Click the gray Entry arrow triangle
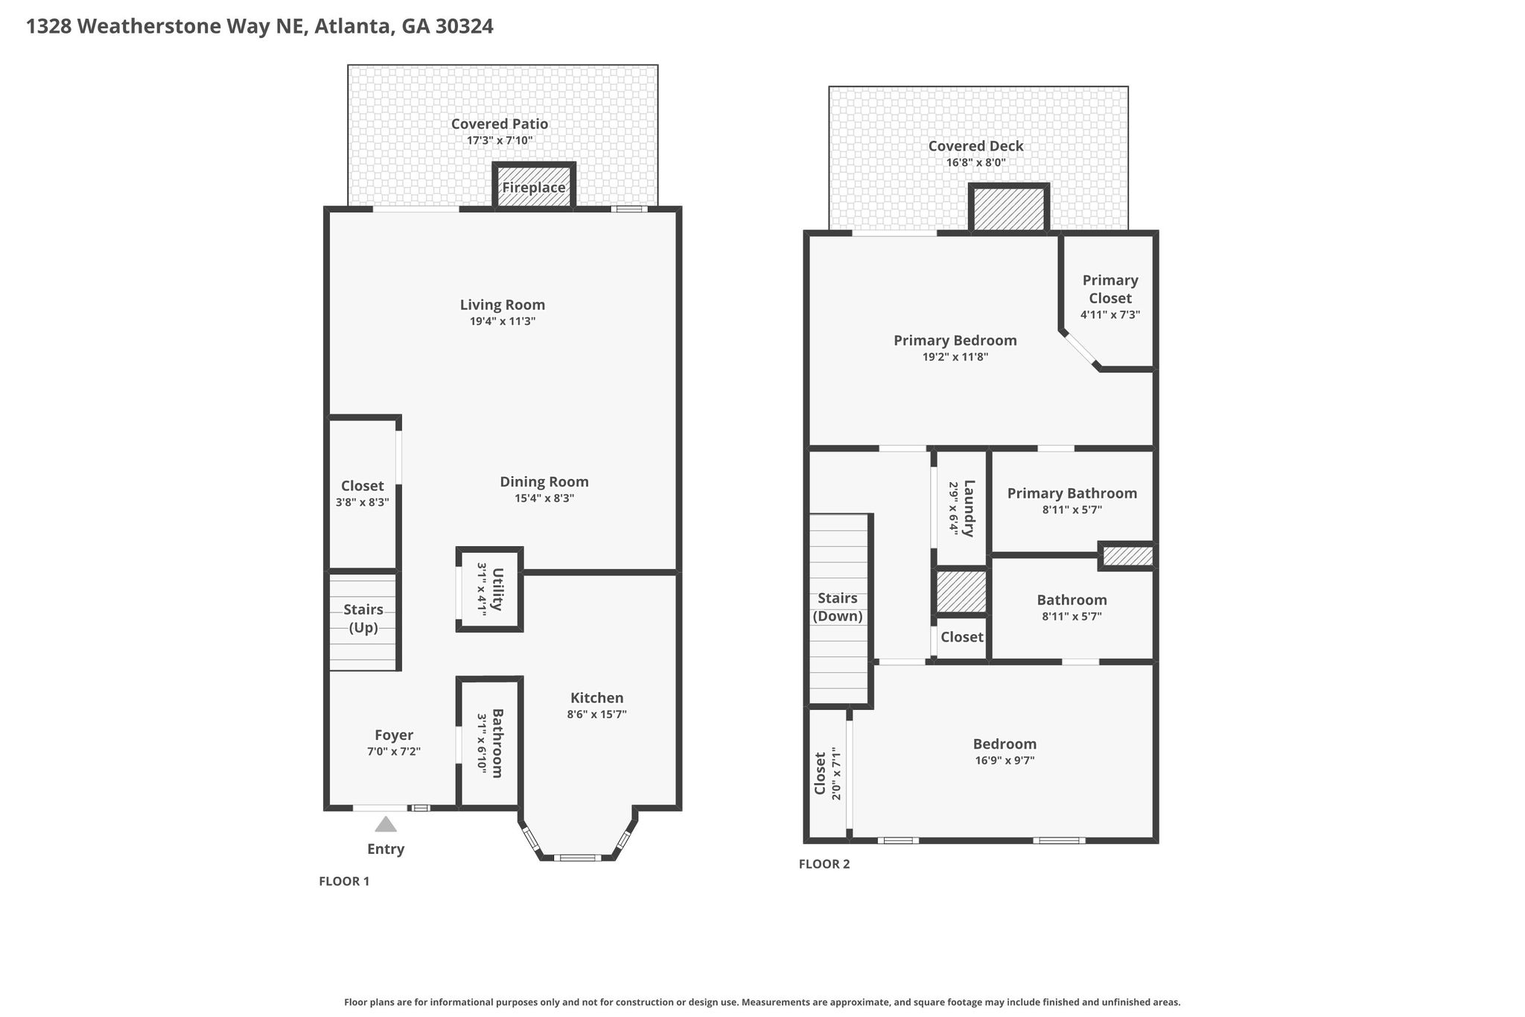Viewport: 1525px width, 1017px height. point(386,824)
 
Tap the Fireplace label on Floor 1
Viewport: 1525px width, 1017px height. point(534,187)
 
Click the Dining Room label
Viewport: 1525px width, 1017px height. point(544,482)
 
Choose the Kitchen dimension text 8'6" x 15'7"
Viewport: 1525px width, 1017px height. point(596,714)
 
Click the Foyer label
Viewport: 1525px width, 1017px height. point(394,735)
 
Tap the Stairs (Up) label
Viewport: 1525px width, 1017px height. point(363,618)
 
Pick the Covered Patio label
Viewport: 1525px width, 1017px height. point(500,124)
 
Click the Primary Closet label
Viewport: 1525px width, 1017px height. point(1110,289)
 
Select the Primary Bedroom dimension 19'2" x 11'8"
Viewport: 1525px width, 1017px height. point(955,357)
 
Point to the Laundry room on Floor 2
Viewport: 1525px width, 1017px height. point(961,508)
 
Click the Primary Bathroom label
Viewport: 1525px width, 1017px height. point(1072,493)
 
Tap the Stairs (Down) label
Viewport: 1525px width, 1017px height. point(838,607)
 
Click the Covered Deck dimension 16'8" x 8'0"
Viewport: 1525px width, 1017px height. point(975,162)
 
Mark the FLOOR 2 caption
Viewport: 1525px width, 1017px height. point(824,864)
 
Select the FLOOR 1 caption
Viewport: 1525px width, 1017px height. point(344,881)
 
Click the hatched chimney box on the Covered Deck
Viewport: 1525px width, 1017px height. point(1009,209)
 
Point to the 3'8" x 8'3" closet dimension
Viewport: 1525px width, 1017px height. point(363,502)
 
